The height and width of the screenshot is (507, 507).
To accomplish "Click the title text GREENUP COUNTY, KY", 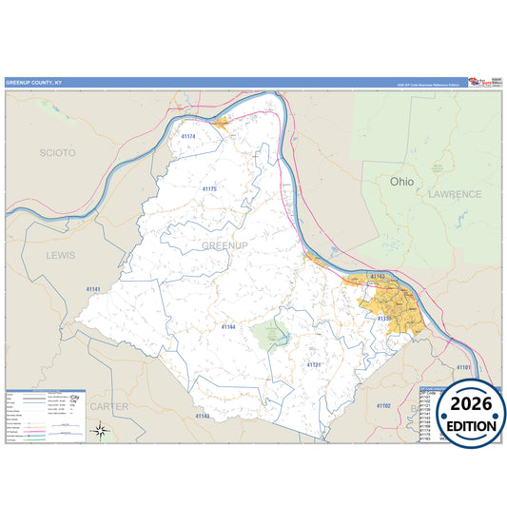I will (x=32, y=82).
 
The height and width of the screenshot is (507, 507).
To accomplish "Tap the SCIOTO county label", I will (x=58, y=152).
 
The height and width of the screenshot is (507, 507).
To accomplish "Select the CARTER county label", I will (x=108, y=406).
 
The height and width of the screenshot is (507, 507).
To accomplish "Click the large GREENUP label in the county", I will (x=224, y=245).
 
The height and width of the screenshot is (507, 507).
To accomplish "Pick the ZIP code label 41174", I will (x=187, y=137).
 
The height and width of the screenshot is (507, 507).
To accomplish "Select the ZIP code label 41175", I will (x=209, y=189).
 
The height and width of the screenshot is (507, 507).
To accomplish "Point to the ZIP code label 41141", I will (x=93, y=288).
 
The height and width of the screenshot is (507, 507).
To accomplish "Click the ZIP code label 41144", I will (x=227, y=327).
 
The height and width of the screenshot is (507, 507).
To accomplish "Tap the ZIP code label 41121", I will (x=314, y=364).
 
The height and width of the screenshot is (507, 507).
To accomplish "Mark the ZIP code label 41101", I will (x=463, y=366).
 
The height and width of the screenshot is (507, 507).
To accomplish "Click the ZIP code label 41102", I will (x=383, y=405).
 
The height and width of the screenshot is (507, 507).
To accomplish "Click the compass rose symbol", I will (x=101, y=432).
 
